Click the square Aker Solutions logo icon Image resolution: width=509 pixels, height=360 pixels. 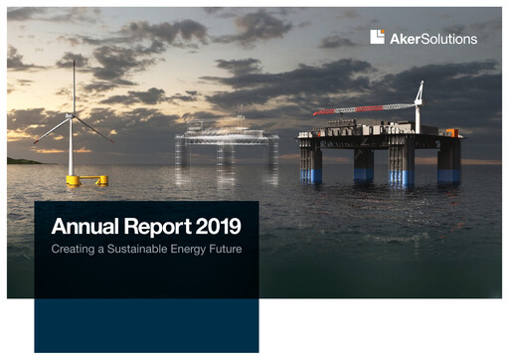[378, 37]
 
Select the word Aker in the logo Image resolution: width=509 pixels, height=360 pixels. [404, 38]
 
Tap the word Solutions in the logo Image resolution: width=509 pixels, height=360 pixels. [449, 38]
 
